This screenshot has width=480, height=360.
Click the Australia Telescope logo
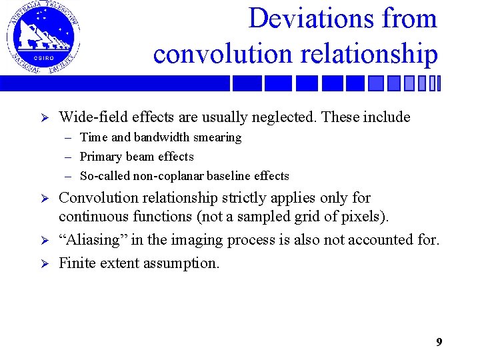coord(43,37)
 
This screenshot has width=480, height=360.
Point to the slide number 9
coord(439,342)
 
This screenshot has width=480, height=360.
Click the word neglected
coord(285,117)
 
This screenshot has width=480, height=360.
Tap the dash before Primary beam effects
coord(69,157)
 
